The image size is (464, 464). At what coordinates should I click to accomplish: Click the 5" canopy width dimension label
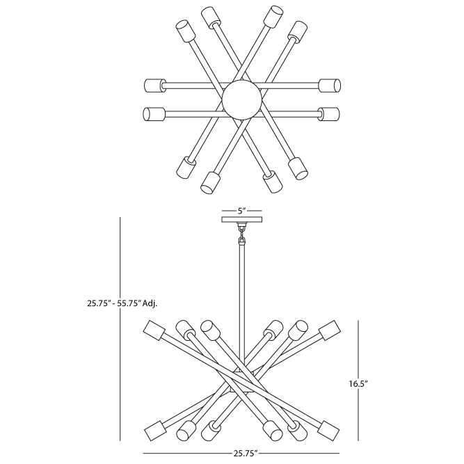(x=242, y=211)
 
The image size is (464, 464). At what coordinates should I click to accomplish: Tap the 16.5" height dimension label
(x=358, y=384)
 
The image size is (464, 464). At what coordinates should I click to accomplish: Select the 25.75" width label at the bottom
(x=241, y=453)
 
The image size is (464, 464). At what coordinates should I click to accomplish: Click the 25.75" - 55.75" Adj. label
(x=122, y=303)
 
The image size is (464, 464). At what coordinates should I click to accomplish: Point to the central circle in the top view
(x=242, y=99)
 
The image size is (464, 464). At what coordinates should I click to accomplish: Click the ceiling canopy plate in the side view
(x=242, y=220)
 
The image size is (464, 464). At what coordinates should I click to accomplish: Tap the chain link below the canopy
(x=242, y=233)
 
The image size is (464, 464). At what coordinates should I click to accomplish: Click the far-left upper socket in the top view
(x=154, y=86)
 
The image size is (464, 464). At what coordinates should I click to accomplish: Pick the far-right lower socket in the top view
(x=329, y=114)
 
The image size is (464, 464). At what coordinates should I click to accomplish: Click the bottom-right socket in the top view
(x=298, y=168)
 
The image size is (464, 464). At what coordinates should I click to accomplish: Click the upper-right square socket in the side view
(x=330, y=330)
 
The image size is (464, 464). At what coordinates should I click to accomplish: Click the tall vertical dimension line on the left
(x=120, y=329)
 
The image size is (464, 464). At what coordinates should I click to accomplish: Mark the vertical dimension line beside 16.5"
(x=359, y=381)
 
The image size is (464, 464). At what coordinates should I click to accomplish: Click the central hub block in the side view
(x=242, y=381)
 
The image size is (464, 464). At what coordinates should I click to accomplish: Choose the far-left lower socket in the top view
(x=154, y=114)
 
